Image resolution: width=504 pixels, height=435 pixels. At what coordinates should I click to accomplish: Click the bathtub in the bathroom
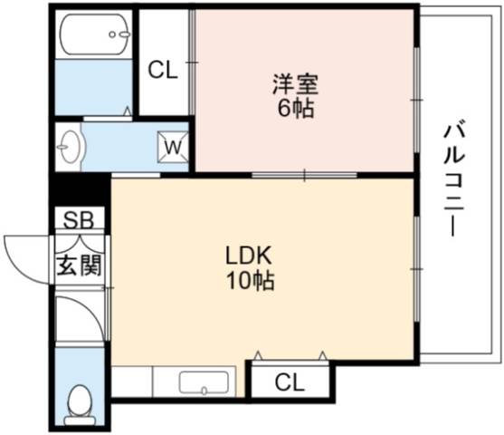(95, 34)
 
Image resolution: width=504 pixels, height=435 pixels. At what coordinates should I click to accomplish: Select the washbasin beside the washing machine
(69, 147)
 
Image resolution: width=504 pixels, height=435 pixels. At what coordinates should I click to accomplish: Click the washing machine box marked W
(173, 147)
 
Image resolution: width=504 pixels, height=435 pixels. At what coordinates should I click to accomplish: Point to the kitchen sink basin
(204, 382)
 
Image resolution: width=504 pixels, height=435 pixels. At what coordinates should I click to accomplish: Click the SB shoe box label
(79, 220)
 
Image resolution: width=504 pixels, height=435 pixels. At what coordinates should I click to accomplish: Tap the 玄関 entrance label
(79, 266)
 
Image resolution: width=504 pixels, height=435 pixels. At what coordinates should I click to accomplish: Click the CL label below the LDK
(290, 382)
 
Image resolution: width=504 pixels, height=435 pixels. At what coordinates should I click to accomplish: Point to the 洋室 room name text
(295, 85)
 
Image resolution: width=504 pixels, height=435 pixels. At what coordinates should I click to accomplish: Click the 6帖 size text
(296, 109)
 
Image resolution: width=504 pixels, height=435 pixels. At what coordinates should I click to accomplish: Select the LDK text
(249, 256)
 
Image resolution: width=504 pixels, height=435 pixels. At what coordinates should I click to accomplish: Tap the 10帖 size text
(251, 280)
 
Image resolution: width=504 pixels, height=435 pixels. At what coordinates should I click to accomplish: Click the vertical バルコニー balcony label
(454, 180)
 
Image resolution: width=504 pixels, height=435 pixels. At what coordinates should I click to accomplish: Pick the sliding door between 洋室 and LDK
(304, 176)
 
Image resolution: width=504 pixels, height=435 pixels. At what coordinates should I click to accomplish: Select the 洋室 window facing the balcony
(416, 100)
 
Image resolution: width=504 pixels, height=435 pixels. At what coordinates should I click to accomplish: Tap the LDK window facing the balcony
(416, 269)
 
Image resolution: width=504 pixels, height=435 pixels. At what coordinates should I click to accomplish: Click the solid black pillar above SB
(80, 190)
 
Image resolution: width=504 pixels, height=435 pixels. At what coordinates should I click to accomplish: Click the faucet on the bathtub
(119, 34)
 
